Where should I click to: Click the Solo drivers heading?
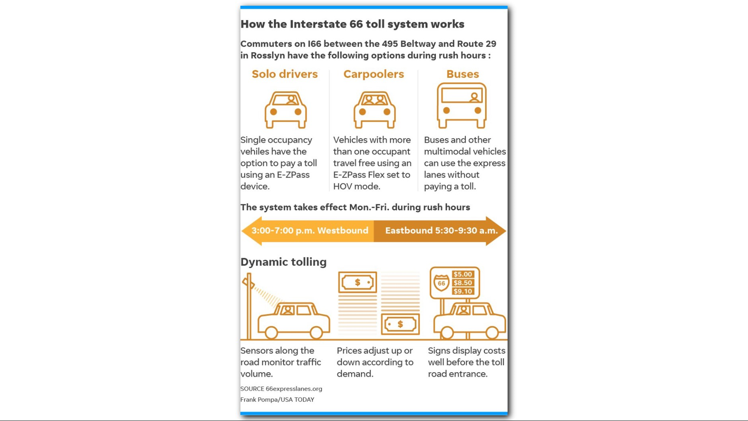click(x=284, y=74)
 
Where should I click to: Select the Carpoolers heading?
click(x=373, y=74)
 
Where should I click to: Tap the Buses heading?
click(x=462, y=74)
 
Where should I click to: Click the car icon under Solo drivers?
click(x=286, y=110)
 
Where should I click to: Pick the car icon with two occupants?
click(x=374, y=110)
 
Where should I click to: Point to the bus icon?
click(x=462, y=105)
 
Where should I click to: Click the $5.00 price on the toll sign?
click(x=462, y=274)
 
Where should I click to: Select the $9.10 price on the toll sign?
click(x=462, y=291)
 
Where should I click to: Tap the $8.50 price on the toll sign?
click(x=462, y=283)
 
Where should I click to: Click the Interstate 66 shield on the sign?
click(x=441, y=283)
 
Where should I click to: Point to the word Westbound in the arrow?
click(x=342, y=231)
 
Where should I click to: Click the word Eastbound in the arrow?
click(x=409, y=231)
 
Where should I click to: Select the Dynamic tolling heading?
click(x=283, y=262)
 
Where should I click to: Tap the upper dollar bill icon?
click(x=357, y=282)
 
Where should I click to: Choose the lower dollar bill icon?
click(x=400, y=324)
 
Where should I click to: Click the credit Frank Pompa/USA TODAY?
click(x=277, y=400)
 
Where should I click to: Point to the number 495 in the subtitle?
click(x=390, y=44)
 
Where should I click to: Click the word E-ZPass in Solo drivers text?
click(x=293, y=175)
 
